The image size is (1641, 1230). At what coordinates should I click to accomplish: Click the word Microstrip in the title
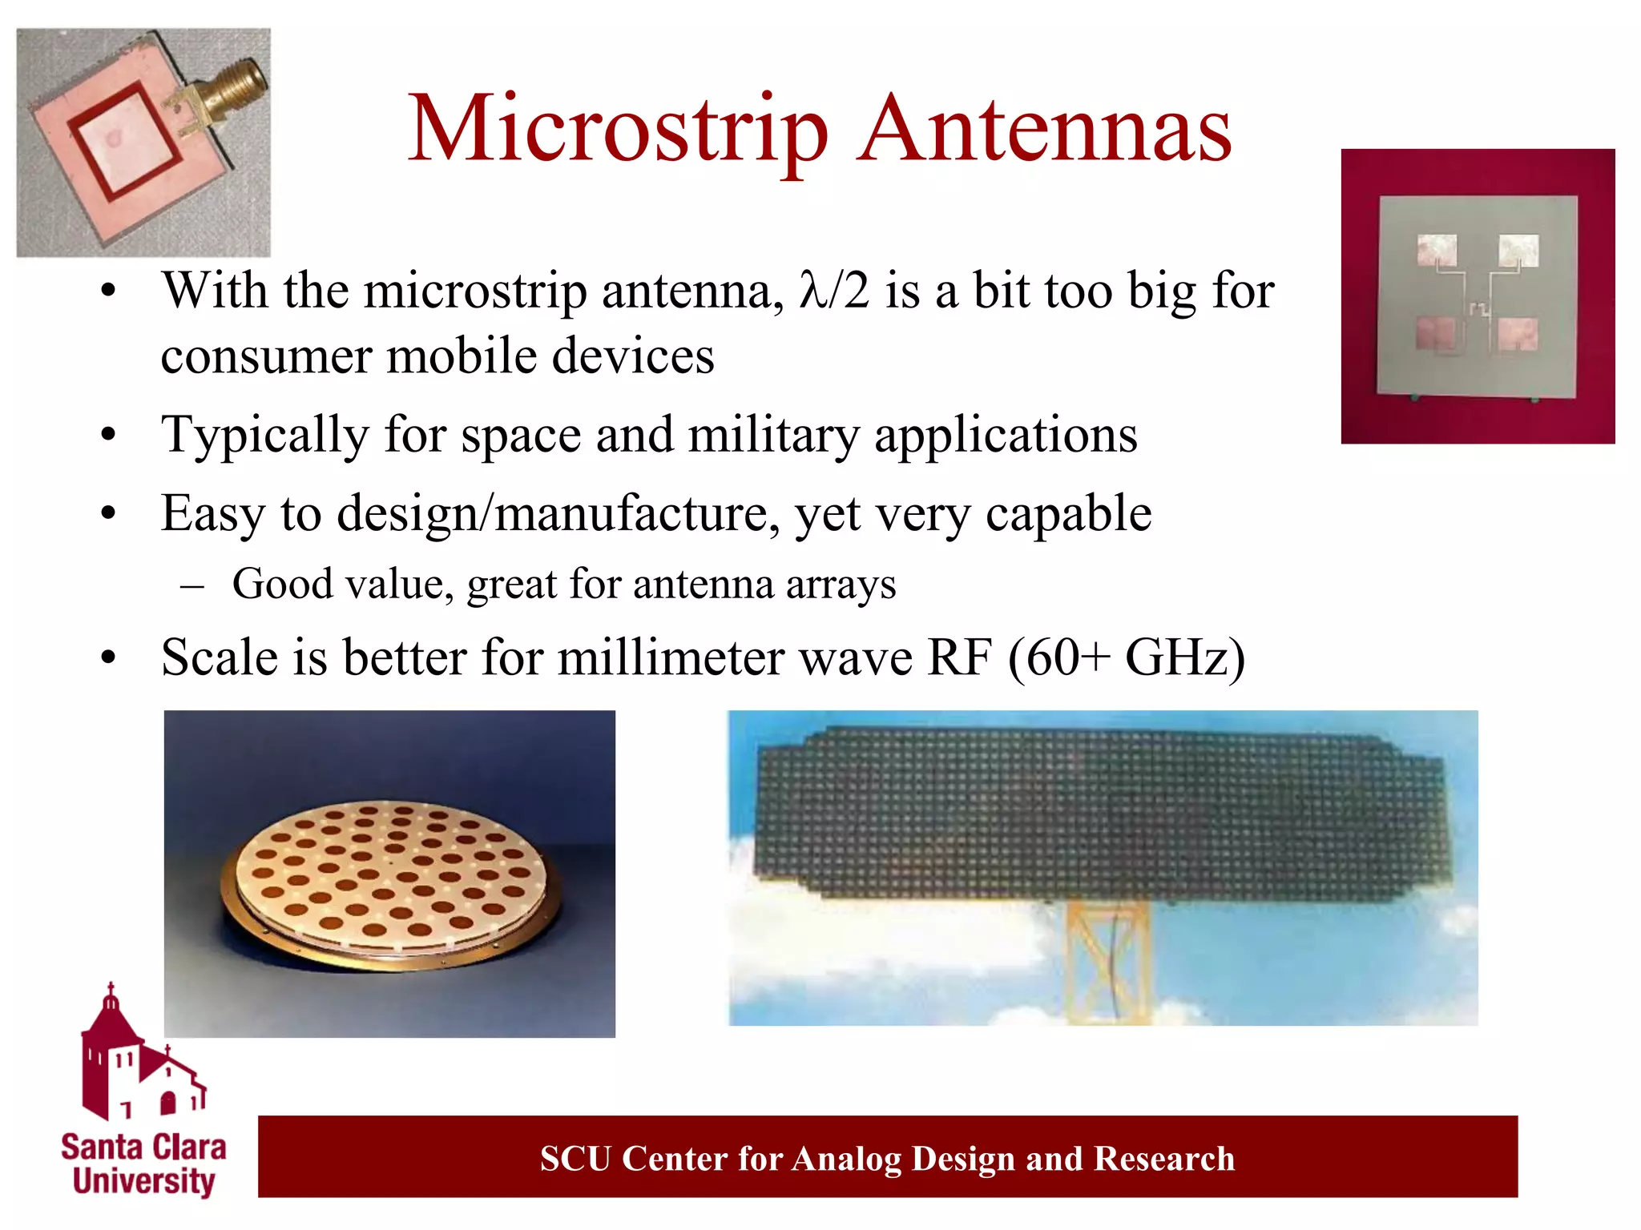617,131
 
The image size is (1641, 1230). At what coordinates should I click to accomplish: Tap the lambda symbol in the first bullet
811,291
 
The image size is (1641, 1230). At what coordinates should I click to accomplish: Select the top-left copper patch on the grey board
1437,251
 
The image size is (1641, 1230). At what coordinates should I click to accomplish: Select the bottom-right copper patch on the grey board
1518,334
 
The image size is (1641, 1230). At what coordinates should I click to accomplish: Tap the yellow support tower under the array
1109,961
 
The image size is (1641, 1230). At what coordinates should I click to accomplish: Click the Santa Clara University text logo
143,1164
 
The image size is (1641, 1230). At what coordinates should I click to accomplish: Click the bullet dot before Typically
109,436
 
